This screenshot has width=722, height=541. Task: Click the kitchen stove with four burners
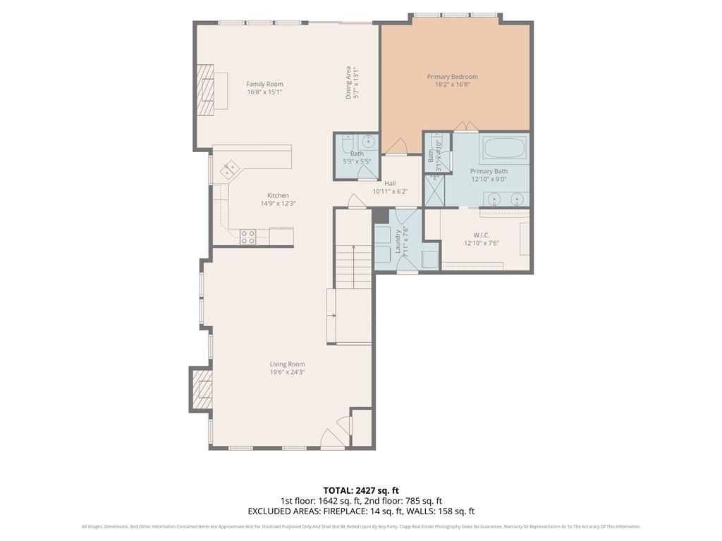(x=247, y=237)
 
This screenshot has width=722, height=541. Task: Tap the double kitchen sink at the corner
(x=230, y=170)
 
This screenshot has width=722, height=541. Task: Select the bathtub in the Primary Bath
(x=503, y=149)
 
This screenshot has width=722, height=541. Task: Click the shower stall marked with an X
(x=434, y=190)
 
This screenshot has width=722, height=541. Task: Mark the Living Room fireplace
(x=202, y=389)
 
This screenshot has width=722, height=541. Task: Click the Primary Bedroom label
(x=452, y=77)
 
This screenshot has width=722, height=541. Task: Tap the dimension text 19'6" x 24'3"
(x=287, y=373)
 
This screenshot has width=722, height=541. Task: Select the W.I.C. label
(x=481, y=235)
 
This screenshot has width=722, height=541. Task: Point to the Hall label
(x=390, y=183)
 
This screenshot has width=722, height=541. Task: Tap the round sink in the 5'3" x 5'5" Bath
(x=368, y=141)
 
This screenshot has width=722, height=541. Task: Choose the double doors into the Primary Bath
(x=465, y=127)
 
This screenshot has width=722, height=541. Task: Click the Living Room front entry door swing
(x=331, y=439)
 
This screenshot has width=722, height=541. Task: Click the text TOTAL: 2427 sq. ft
(x=361, y=490)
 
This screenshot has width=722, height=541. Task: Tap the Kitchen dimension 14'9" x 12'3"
(x=278, y=204)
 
